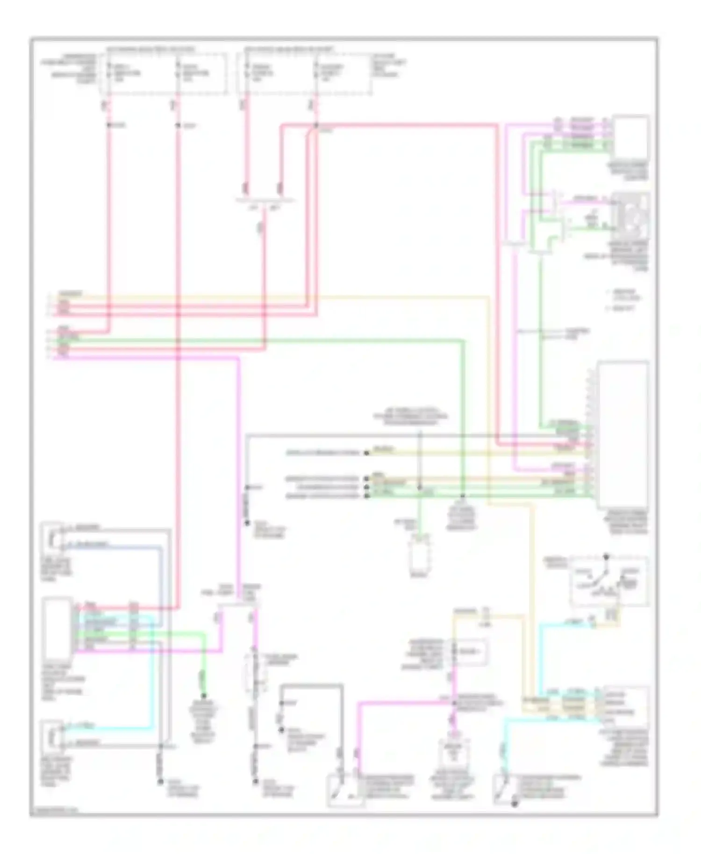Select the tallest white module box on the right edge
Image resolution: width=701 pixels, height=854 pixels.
pos(623,434)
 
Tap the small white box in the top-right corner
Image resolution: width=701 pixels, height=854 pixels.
pos(631,137)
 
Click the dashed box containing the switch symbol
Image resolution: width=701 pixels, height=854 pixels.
pos(609,581)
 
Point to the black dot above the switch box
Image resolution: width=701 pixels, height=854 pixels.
pos(607,557)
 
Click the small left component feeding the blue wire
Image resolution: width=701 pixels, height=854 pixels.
pos(52,537)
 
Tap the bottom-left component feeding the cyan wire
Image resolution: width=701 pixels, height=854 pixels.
pos(52,735)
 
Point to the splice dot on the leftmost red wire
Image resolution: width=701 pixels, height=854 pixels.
pos(108,125)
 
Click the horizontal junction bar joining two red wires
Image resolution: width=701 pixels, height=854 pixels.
pos(265,201)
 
